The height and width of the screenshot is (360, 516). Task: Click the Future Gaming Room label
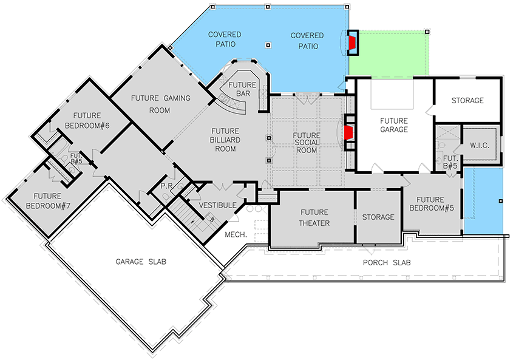[x=161, y=104]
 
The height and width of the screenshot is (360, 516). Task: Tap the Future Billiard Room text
[x=225, y=140]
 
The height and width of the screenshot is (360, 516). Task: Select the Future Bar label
[x=242, y=89]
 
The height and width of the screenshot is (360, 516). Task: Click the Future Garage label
[x=394, y=125]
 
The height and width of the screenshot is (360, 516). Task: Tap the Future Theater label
[x=314, y=217]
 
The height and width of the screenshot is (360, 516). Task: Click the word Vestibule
[x=217, y=205]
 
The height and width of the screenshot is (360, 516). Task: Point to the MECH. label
[x=235, y=234]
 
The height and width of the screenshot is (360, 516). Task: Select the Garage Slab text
[x=141, y=262]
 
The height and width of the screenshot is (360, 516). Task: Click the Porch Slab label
[x=387, y=263]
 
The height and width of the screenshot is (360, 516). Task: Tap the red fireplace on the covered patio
[x=351, y=42]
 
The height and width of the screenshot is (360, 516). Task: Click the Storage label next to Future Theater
[x=378, y=217]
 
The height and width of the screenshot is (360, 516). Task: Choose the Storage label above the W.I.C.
[x=467, y=100]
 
